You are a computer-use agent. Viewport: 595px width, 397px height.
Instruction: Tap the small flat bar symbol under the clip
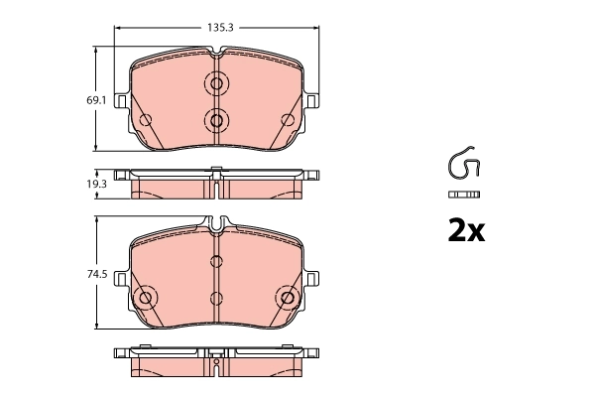pos(463,193)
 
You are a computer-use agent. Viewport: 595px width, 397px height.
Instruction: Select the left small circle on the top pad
pos(145,121)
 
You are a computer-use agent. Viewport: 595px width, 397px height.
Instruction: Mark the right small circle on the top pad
pos(288,121)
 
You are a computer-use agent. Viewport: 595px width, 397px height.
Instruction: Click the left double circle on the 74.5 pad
pos(145,297)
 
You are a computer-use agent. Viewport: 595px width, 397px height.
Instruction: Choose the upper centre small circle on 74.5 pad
pos(216,263)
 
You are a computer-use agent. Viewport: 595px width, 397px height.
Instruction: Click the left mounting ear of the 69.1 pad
pos(121,101)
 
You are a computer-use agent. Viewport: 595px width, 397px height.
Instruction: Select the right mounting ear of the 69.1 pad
pos(311,101)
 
